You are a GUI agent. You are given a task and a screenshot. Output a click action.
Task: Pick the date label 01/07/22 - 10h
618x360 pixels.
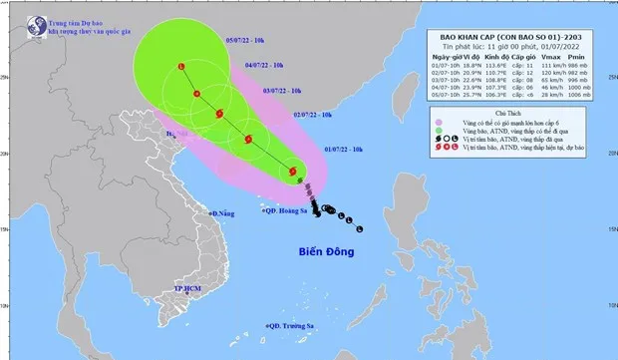pyautogui.click(x=345, y=149)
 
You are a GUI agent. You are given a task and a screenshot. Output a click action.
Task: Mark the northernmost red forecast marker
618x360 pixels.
pyautogui.click(x=181, y=67)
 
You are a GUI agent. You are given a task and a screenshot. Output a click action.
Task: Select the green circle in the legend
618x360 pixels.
pyautogui.click(x=440, y=141)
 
